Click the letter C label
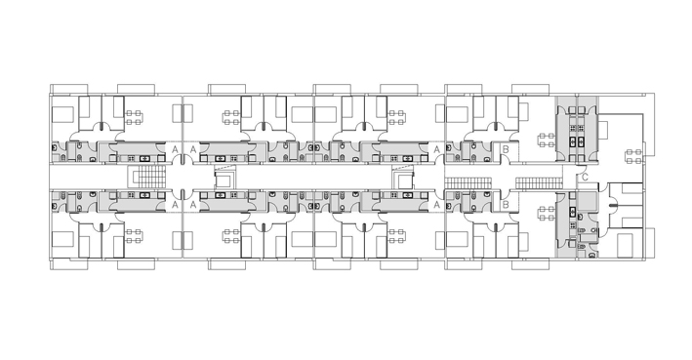(x=585, y=178)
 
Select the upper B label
(x=506, y=149)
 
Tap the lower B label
(x=506, y=204)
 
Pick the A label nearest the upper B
(x=436, y=149)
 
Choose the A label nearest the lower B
(x=436, y=204)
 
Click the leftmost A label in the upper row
(x=175, y=149)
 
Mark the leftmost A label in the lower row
(x=175, y=204)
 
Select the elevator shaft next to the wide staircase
(x=225, y=178)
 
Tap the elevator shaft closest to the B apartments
(x=403, y=178)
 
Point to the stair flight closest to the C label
(x=539, y=182)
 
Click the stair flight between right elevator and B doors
(x=468, y=182)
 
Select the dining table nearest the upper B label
(x=547, y=140)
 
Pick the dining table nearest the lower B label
(x=547, y=214)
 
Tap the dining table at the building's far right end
(x=633, y=157)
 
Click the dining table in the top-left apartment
(x=134, y=117)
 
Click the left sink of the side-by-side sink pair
(x=572, y=142)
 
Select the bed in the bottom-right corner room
(x=625, y=246)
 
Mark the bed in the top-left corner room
(x=61, y=114)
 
